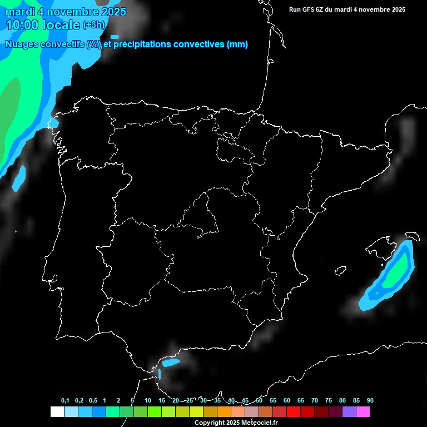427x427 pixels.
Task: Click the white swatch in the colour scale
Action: (57, 411)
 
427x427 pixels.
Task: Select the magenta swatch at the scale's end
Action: (363, 411)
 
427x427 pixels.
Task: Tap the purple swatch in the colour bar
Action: (349, 411)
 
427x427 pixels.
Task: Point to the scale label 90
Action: (370, 401)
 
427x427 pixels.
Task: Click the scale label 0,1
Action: (65, 401)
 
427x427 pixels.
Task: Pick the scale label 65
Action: (301, 401)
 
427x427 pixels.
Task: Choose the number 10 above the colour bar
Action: (148, 401)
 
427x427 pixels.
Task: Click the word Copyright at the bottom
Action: (209, 423)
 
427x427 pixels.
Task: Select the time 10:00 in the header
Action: (23, 25)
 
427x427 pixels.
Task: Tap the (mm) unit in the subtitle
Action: (237, 44)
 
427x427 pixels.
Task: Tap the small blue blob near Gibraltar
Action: (171, 363)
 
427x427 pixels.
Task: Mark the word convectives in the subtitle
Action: (198, 44)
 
